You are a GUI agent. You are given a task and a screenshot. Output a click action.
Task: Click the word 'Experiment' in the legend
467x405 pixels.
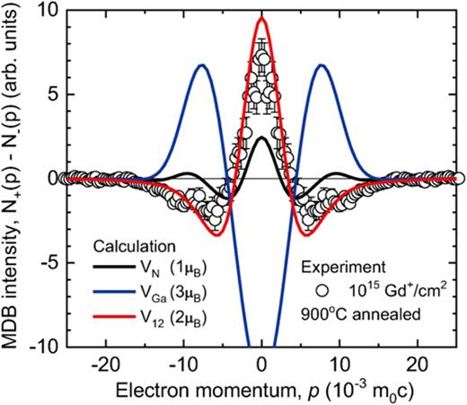(366, 267)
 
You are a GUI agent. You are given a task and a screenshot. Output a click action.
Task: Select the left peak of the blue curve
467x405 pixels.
(202, 65)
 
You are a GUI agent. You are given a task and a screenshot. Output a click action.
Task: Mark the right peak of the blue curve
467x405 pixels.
(321, 65)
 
